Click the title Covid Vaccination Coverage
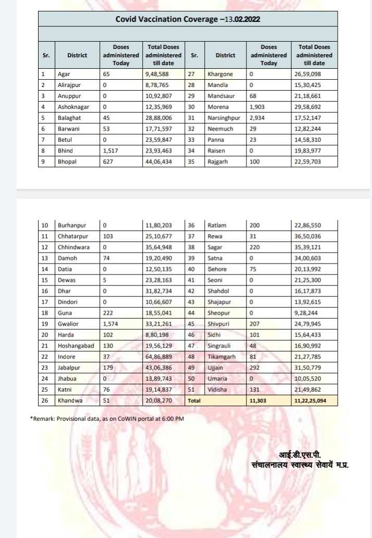[188, 19]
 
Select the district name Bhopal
[67, 161]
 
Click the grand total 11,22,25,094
[315, 401]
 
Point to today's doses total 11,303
[259, 401]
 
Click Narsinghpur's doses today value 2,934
[258, 117]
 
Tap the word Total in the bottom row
[194, 401]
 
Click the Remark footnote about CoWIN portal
[107, 419]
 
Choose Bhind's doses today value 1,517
[111, 151]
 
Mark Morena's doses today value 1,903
[258, 106]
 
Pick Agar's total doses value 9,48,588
[158, 74]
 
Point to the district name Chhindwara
[73, 246]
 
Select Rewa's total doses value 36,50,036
[308, 236]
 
